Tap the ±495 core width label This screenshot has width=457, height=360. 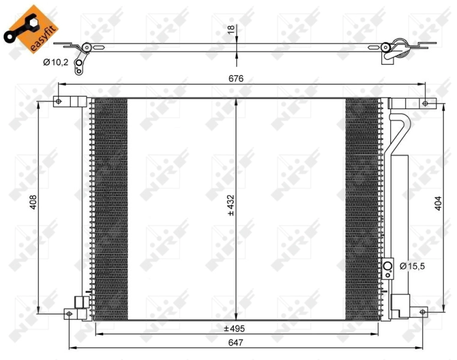click(235, 328)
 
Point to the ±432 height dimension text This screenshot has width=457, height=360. click(230, 206)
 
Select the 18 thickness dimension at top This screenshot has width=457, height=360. click(231, 31)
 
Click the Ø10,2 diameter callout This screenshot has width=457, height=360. click(55, 61)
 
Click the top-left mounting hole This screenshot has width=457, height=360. click(58, 101)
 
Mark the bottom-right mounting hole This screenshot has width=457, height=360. click(422, 312)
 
